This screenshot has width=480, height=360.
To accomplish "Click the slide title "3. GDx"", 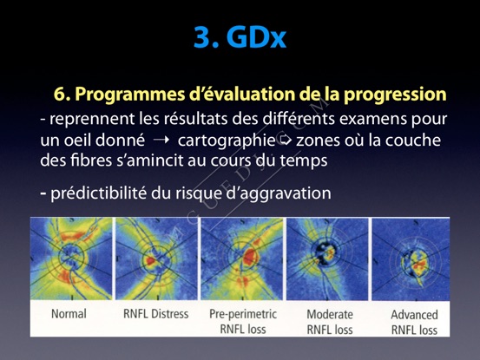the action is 240,38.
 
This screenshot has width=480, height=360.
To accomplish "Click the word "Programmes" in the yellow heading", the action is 130,95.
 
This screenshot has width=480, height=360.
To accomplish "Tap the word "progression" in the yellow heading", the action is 395,95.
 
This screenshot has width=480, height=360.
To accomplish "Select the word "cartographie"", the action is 227,141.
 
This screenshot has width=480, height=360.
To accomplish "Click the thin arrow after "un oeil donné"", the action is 161,141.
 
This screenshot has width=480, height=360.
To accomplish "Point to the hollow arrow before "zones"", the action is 286,140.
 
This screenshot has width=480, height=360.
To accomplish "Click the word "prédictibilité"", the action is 99,193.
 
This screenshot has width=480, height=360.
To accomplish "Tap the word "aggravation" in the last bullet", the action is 286,194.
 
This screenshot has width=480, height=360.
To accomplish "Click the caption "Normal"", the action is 69,314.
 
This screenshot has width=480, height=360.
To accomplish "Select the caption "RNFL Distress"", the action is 156,314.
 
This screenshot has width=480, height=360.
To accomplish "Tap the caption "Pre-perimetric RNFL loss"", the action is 243,322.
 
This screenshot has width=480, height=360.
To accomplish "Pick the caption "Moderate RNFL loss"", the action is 330,322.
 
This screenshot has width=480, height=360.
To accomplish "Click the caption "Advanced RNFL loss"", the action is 414,323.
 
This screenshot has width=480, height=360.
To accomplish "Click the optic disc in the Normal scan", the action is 71,256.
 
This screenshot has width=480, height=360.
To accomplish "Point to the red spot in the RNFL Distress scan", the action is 150,260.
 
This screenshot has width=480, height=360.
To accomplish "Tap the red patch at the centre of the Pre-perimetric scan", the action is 250,256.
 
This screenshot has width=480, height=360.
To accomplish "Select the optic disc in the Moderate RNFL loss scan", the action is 325,252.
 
